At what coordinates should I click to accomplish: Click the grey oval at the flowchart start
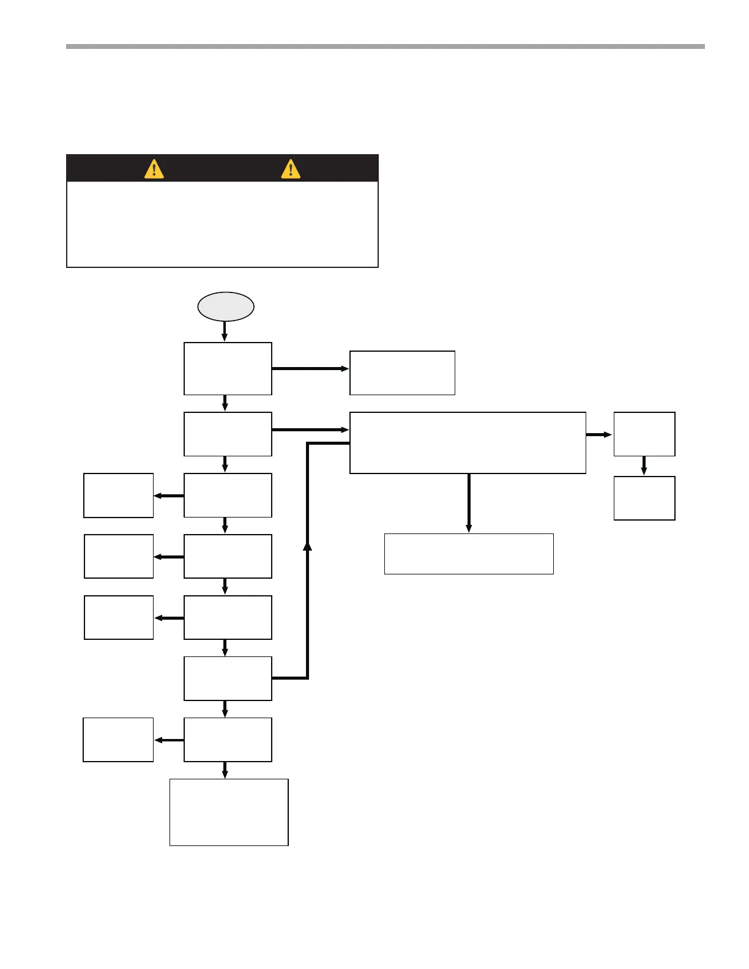225,306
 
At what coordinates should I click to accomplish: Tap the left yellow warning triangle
154,168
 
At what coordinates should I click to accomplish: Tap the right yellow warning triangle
291,168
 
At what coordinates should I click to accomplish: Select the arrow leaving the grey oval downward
225,331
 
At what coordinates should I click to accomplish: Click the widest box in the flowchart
468,442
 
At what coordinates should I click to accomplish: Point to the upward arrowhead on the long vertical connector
307,546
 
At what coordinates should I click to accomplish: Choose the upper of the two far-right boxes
644,434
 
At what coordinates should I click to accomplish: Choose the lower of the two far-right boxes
644,498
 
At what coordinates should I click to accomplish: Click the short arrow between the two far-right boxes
644,466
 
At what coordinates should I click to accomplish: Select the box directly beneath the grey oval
228,368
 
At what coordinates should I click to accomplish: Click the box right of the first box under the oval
402,373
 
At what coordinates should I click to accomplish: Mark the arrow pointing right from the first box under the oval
310,369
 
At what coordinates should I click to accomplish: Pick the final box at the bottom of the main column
228,812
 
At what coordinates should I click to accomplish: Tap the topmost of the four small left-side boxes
118,495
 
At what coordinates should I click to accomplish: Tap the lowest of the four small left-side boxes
118,740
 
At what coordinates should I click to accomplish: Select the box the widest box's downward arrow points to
469,554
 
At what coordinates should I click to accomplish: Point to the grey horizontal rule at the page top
386,46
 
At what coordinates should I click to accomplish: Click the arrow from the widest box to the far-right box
599,434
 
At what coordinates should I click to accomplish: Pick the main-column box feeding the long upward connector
228,678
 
